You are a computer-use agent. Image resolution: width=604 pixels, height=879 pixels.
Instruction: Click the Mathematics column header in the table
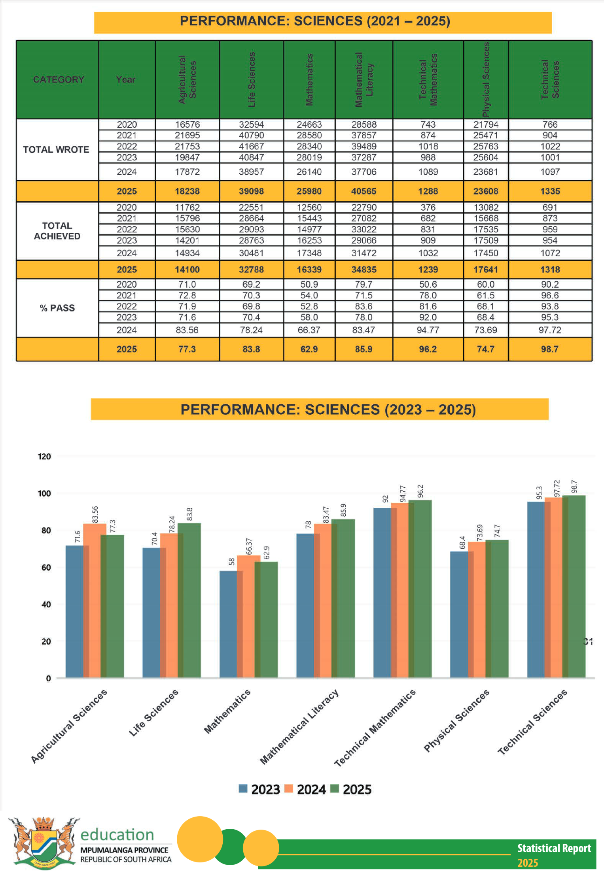309,79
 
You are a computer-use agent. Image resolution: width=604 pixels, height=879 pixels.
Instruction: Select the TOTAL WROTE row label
56,150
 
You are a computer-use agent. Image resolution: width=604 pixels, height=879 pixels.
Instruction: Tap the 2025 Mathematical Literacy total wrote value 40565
364,191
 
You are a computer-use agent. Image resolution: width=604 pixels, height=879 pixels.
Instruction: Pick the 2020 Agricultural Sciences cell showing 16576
187,124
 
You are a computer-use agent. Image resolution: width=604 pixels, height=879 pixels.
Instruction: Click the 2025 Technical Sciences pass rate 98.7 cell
550,349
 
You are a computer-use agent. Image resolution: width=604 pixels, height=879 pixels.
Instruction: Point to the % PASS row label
57,308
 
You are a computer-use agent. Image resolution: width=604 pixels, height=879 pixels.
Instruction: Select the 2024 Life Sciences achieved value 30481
252,253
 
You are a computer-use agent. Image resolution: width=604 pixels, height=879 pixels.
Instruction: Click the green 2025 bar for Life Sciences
189,600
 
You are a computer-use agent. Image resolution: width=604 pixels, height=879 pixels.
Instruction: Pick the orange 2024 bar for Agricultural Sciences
95,600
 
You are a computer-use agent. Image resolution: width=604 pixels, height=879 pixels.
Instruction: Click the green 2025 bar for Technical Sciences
574,586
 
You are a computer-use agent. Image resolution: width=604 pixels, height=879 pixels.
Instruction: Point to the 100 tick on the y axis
44,494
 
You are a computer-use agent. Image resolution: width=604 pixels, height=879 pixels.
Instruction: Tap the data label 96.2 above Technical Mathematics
420,491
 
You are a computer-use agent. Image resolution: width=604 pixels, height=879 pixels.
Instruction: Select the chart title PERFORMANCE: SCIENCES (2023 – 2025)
328,409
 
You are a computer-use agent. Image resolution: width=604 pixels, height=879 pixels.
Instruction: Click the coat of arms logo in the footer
44,843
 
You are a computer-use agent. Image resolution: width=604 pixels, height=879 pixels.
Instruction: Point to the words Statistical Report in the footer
554,848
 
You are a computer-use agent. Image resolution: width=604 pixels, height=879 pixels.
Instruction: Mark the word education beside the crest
117,834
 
